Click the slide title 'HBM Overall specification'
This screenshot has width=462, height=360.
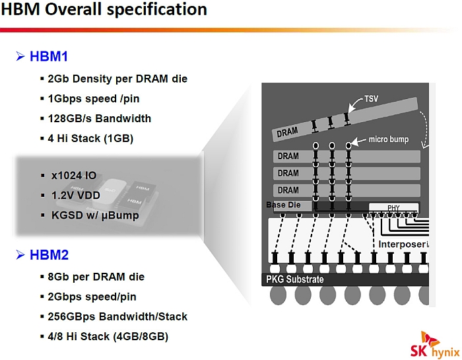click(104, 11)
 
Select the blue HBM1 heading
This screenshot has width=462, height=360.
click(48, 57)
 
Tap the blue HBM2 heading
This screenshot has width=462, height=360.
click(48, 255)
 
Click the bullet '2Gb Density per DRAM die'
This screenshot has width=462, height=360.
click(117, 79)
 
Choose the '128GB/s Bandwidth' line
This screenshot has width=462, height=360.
click(99, 118)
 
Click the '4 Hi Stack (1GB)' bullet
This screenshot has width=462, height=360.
click(90, 138)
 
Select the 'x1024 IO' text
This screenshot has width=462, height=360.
click(73, 175)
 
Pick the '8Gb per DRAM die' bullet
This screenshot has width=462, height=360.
click(96, 277)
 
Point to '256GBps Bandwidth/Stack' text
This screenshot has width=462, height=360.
click(117, 316)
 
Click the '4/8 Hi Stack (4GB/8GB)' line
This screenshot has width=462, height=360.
click(108, 336)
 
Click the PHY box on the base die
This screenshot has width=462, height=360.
click(393, 208)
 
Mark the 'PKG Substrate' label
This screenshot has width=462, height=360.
click(294, 279)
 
